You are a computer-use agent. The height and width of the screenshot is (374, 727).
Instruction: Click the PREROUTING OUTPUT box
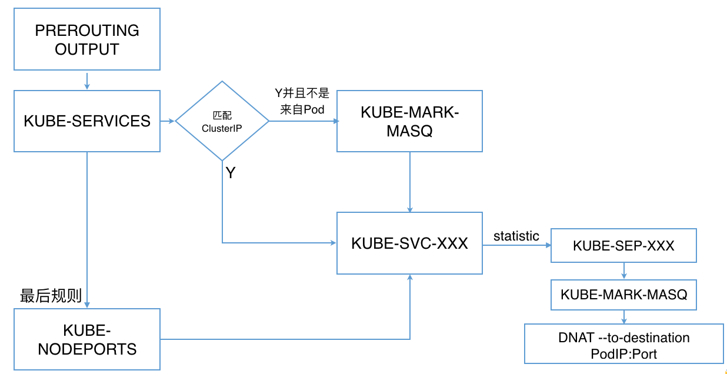tap(86, 39)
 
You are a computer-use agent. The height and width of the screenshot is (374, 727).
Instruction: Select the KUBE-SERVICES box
tap(86, 121)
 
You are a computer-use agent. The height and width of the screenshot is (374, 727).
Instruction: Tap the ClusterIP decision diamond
tap(222, 121)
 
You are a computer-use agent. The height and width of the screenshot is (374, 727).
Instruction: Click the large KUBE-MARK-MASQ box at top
tap(409, 121)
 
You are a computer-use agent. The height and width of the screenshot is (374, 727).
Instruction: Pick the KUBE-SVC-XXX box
tap(409, 243)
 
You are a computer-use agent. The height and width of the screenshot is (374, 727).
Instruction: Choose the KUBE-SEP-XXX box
tap(623, 245)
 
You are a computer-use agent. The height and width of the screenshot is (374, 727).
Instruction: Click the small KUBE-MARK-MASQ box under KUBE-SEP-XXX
tap(623, 295)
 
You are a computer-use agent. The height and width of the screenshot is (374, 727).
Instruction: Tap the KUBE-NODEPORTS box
tap(86, 339)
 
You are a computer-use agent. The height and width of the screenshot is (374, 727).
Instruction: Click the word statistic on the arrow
tap(516, 236)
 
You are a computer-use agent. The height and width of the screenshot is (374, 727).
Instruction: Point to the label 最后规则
tap(51, 296)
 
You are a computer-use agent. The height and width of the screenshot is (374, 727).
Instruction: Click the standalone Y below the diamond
tap(231, 173)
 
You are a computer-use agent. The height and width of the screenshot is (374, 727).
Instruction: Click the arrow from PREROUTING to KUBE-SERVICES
tap(86, 81)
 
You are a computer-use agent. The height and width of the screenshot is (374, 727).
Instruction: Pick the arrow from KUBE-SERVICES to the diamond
tap(168, 121)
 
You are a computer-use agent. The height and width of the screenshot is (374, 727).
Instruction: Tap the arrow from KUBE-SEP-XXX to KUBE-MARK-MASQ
tap(623, 271)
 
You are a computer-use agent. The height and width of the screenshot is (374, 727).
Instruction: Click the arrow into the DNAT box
tap(623, 317)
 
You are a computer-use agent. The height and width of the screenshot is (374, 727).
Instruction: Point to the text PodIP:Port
tap(623, 354)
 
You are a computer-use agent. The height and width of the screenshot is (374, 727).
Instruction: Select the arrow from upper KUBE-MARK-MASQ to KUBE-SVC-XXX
tap(409, 182)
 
